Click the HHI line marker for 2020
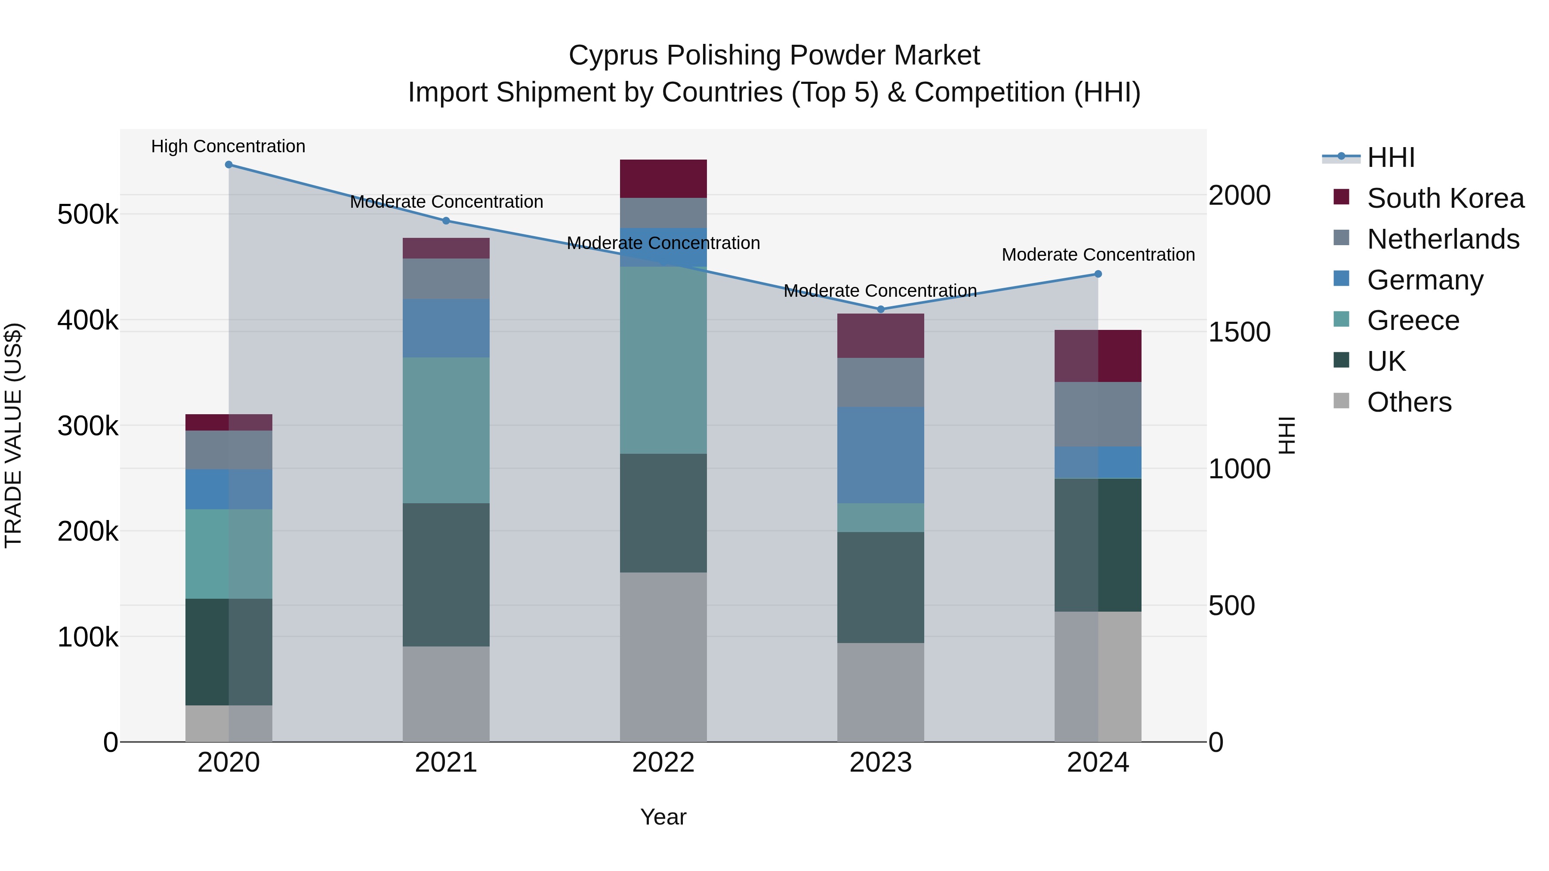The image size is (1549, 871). [228, 165]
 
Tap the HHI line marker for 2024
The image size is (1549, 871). [1098, 274]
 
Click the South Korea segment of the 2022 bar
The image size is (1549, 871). [663, 179]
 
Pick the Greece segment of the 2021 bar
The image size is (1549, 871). [446, 431]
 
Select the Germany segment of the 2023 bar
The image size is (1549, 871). [881, 455]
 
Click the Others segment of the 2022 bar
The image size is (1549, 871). [663, 656]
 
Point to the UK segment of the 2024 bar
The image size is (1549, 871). [1098, 545]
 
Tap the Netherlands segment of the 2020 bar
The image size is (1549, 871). [228, 449]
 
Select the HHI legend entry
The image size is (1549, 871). [1390, 157]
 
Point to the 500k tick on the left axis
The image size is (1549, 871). [88, 215]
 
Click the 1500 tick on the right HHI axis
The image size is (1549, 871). [1239, 332]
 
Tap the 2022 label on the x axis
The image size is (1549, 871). [663, 763]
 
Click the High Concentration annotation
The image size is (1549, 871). [228, 147]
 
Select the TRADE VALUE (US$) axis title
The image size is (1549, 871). [13, 435]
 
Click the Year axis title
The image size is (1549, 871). [663, 817]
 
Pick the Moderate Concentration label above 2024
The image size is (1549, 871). [1098, 255]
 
